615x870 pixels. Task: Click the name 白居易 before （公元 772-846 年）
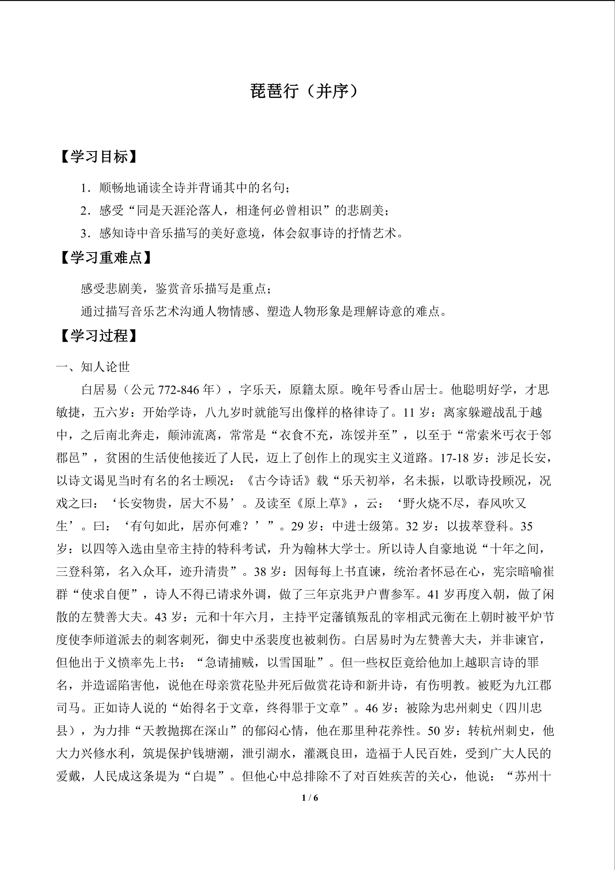click(x=99, y=390)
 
